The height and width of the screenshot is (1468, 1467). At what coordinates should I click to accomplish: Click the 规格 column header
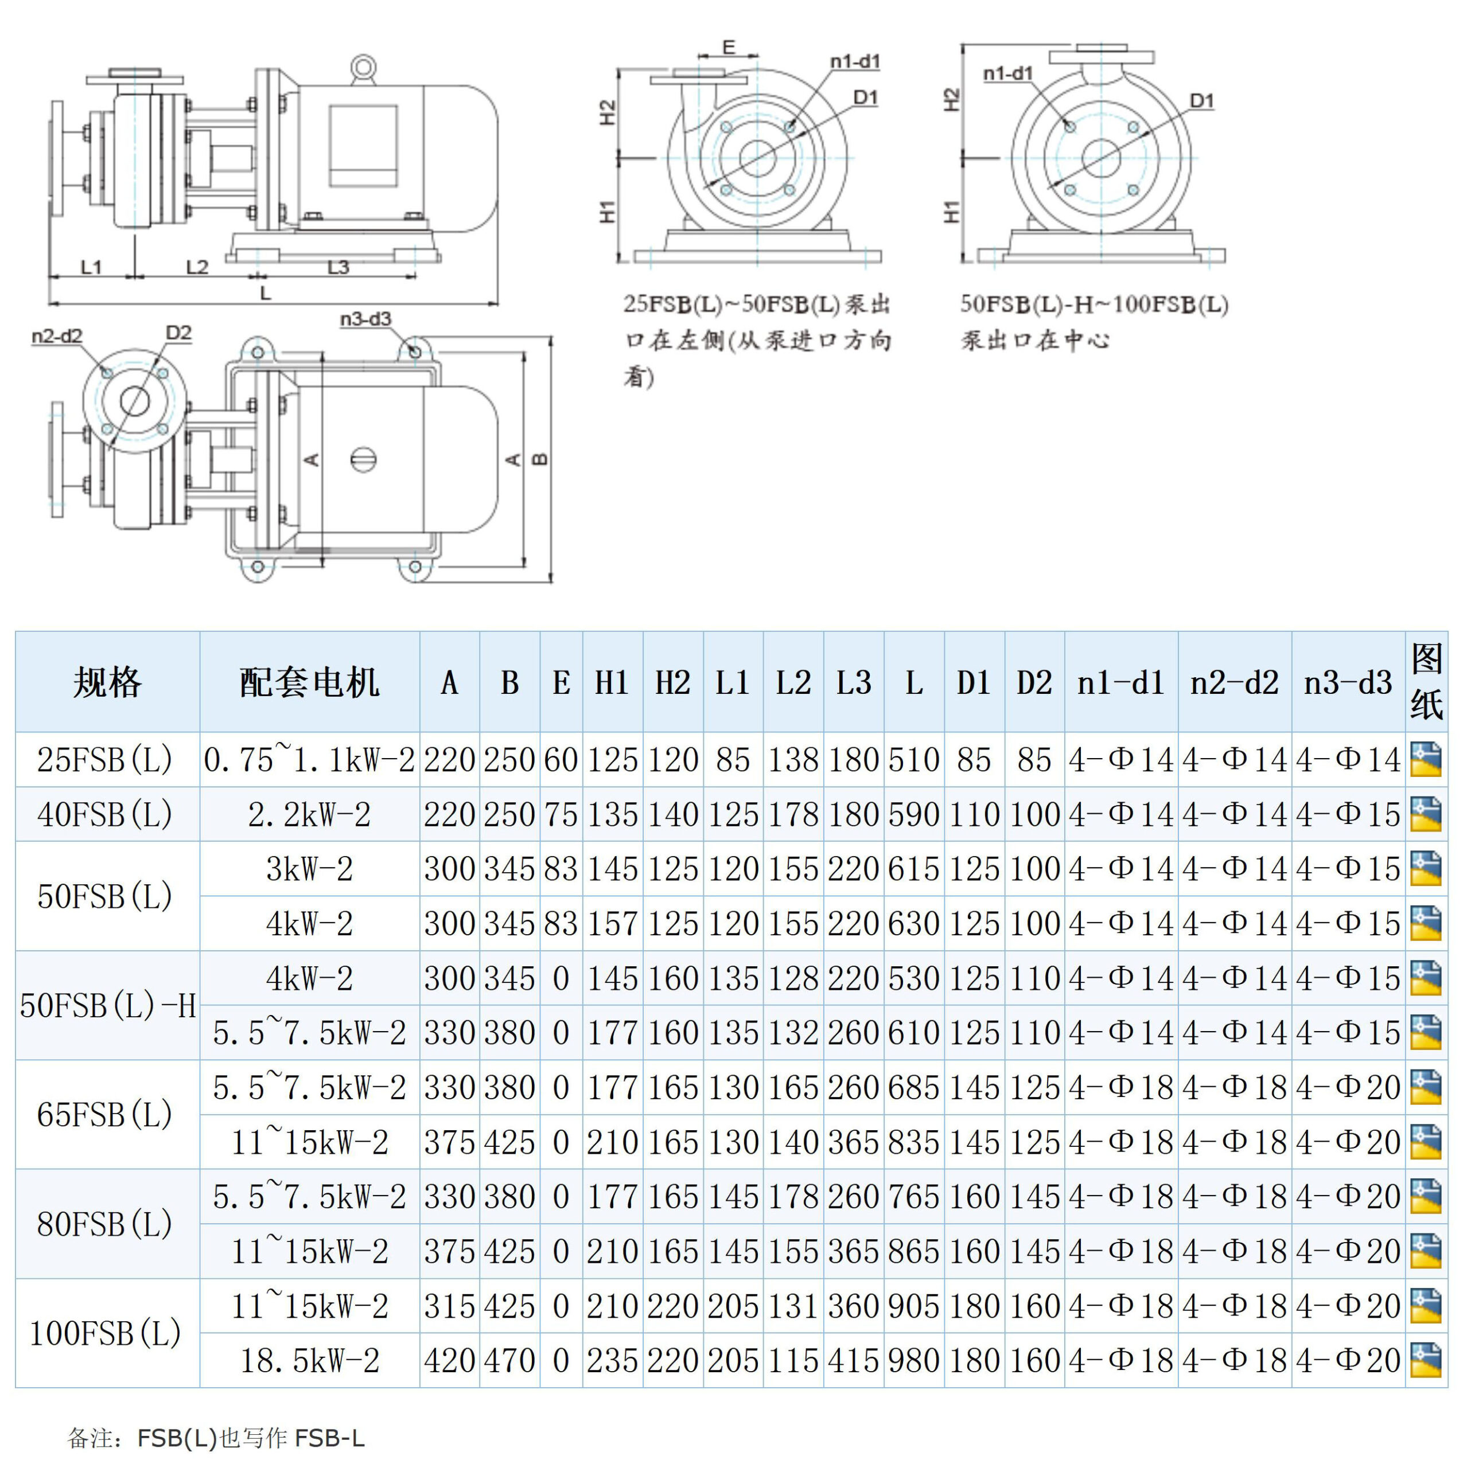(107, 682)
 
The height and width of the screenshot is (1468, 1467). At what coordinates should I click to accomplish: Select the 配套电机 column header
(309, 682)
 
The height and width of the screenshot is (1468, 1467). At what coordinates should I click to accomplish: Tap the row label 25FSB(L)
(105, 759)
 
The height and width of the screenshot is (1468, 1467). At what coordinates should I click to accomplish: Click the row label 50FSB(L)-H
(107, 1005)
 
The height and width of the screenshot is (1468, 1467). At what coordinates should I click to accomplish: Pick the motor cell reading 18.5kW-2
(309, 1360)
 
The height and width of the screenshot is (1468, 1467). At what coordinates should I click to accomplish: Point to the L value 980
(913, 1360)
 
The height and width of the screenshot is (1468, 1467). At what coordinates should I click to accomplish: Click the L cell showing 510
(913, 759)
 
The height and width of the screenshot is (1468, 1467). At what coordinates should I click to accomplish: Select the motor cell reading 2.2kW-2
(309, 814)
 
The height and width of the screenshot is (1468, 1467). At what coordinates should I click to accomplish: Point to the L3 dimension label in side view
(338, 267)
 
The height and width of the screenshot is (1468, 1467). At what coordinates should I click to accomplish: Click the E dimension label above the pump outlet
(728, 47)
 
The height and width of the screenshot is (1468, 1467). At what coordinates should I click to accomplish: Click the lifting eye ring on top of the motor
(363, 68)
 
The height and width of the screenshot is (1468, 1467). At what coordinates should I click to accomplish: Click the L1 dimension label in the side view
(91, 267)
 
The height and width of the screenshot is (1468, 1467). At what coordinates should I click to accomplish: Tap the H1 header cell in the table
(612, 682)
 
